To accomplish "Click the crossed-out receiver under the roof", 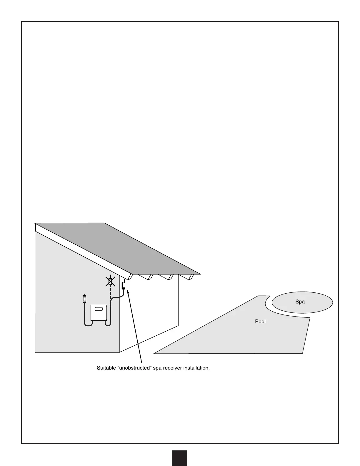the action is (x=110, y=282).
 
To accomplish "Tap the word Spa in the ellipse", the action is (x=300, y=302).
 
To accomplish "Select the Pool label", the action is (x=260, y=322).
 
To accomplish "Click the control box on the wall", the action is (x=99, y=312).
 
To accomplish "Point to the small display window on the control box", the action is (x=100, y=309).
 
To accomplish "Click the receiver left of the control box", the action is (x=84, y=299).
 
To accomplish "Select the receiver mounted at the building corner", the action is (x=124, y=285).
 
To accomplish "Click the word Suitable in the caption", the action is (x=106, y=368).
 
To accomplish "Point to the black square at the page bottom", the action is (x=180, y=458).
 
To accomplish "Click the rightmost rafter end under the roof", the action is (x=191, y=277).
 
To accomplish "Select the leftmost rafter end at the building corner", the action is (x=129, y=277).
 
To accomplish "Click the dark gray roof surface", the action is (x=132, y=250).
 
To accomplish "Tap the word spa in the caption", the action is (x=158, y=368).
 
